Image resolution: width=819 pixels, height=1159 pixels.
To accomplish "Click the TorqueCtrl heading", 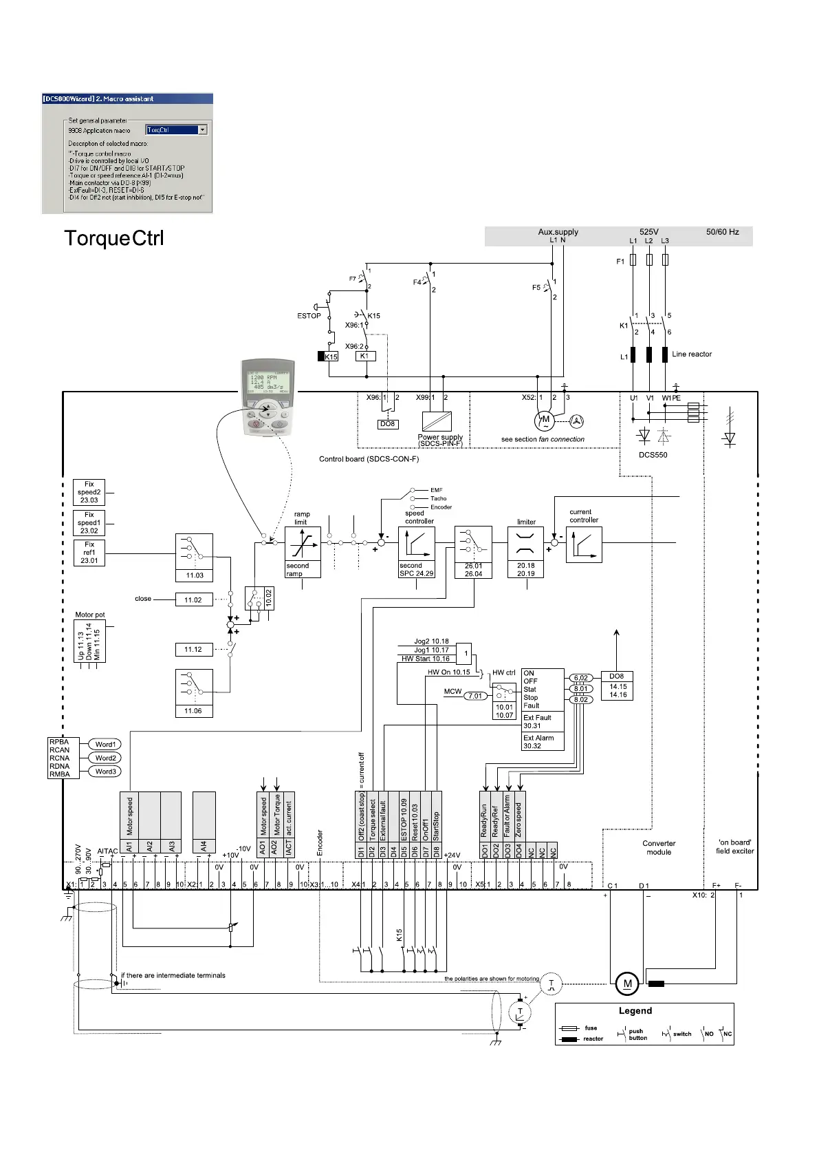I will click(114, 239).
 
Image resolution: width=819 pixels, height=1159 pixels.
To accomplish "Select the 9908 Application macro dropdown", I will click(176, 130).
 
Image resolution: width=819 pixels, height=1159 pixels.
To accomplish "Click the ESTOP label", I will click(309, 316).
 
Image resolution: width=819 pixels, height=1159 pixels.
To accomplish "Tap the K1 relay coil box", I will click(365, 357).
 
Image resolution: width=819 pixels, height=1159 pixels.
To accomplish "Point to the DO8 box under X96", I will click(388, 425).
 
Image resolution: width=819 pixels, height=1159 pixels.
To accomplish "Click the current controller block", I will click(584, 544).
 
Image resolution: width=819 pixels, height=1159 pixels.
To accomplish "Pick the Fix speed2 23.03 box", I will click(89, 492).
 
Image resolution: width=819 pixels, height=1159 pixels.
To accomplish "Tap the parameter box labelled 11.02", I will click(193, 600).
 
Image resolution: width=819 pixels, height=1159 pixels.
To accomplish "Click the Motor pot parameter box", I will click(89, 641).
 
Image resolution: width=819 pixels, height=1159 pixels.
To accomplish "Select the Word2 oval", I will click(105, 758).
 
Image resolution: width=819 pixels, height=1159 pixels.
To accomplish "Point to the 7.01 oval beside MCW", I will click(476, 696).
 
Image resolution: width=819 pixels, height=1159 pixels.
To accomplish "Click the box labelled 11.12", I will click(193, 649).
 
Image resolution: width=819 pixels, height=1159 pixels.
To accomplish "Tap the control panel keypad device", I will click(267, 397).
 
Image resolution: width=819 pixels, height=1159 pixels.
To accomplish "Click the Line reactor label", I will click(691, 354).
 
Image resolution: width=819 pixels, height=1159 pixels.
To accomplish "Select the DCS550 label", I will click(653, 455).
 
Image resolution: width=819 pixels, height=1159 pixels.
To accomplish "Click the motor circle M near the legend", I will click(626, 983).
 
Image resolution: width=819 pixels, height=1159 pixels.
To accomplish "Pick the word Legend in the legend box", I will click(635, 1011).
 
